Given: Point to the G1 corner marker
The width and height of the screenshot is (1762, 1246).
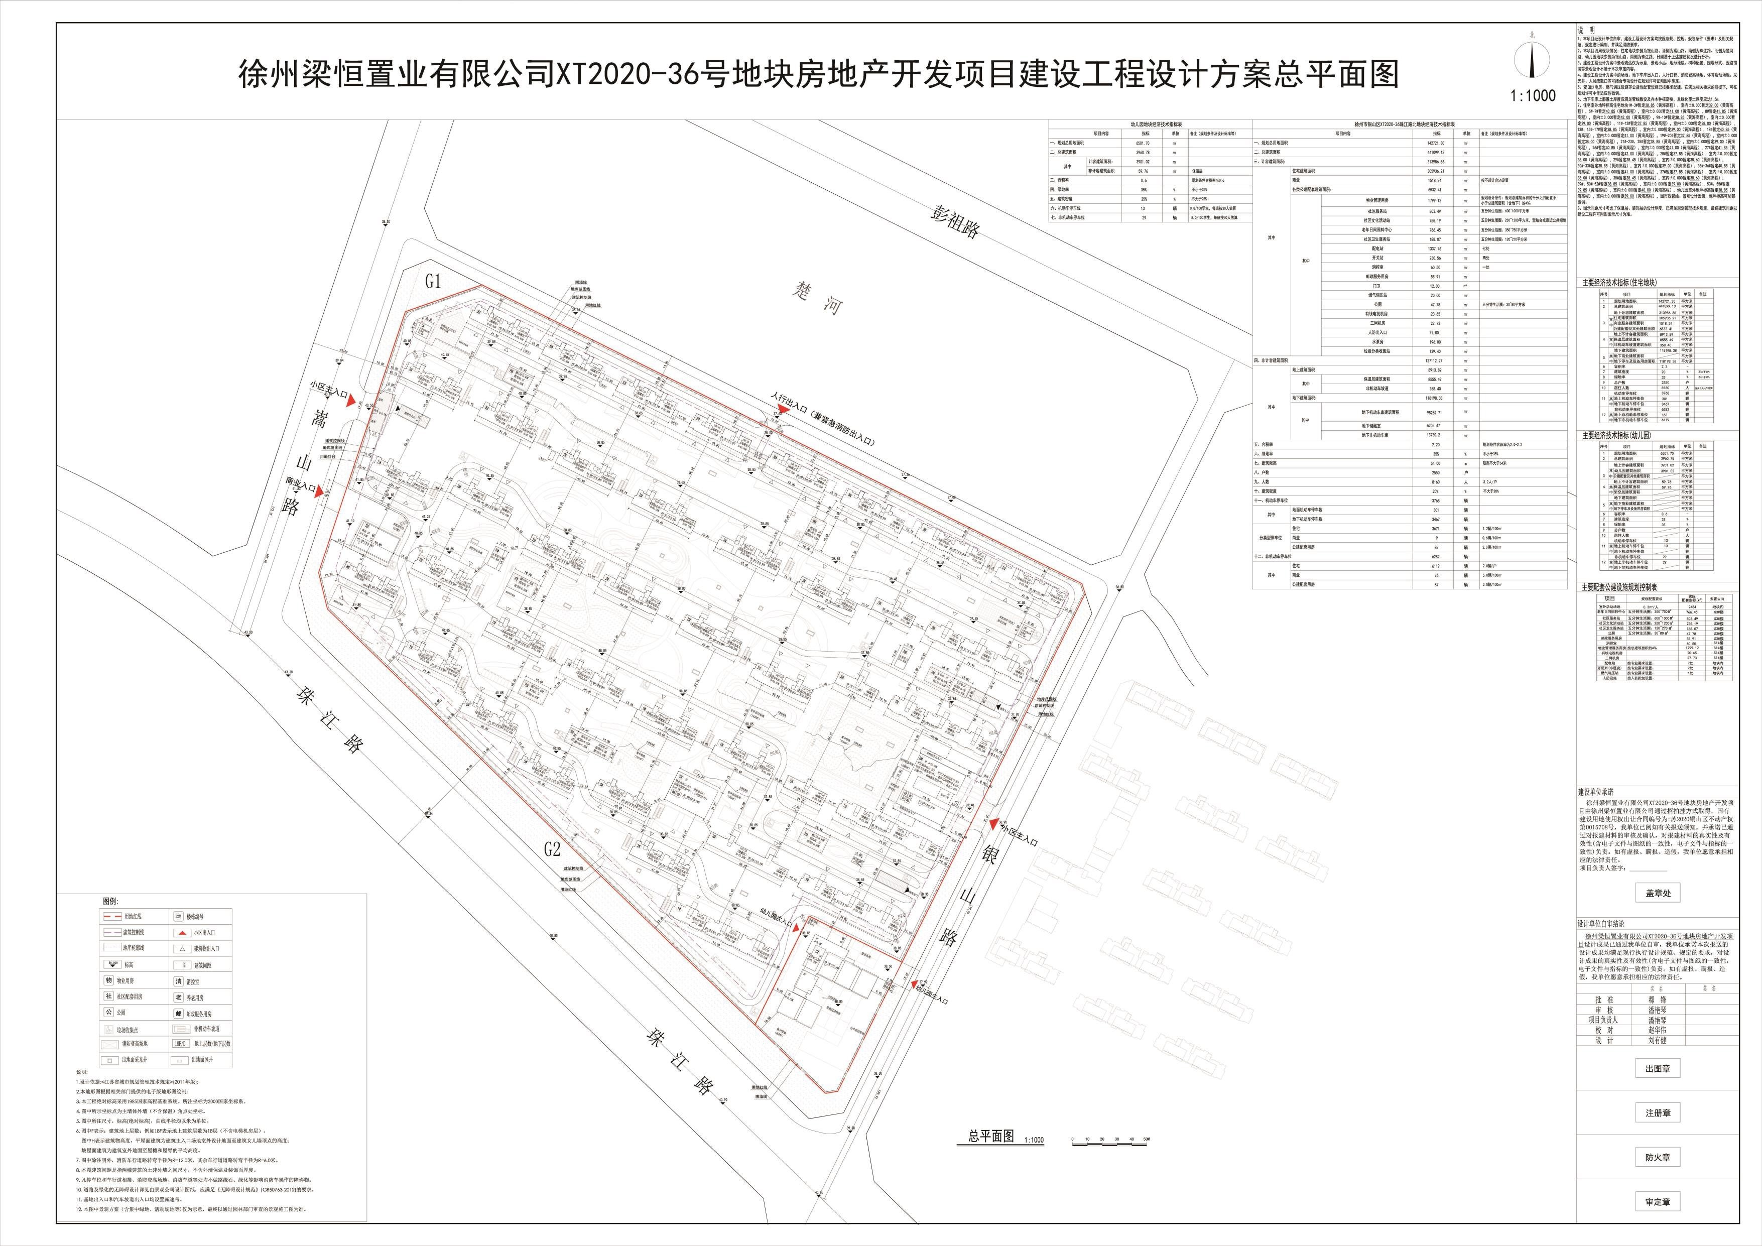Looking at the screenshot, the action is click(434, 282).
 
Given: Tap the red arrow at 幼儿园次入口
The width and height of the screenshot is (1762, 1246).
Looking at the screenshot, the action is click(799, 931).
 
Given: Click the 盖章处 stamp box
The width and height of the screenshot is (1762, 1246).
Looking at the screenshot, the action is click(1657, 893).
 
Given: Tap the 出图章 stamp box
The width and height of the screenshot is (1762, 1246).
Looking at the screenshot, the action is click(1657, 1068).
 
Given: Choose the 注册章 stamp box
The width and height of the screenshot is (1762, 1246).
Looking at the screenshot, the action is click(1657, 1112).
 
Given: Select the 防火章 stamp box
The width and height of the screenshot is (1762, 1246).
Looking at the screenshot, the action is click(1657, 1157).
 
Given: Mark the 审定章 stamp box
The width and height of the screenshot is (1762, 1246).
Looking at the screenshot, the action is click(1657, 1201).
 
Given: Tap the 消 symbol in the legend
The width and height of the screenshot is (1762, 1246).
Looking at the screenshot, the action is click(179, 980).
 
